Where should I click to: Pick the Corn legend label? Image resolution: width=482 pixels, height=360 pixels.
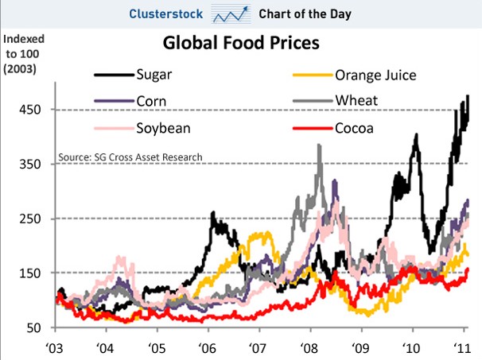(153, 101)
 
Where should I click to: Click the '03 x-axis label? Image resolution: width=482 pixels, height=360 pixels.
(56, 347)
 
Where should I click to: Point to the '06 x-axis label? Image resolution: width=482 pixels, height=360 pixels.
(207, 347)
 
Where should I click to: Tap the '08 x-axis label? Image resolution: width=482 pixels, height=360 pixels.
(308, 347)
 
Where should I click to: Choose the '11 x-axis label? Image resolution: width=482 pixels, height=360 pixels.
(459, 347)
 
